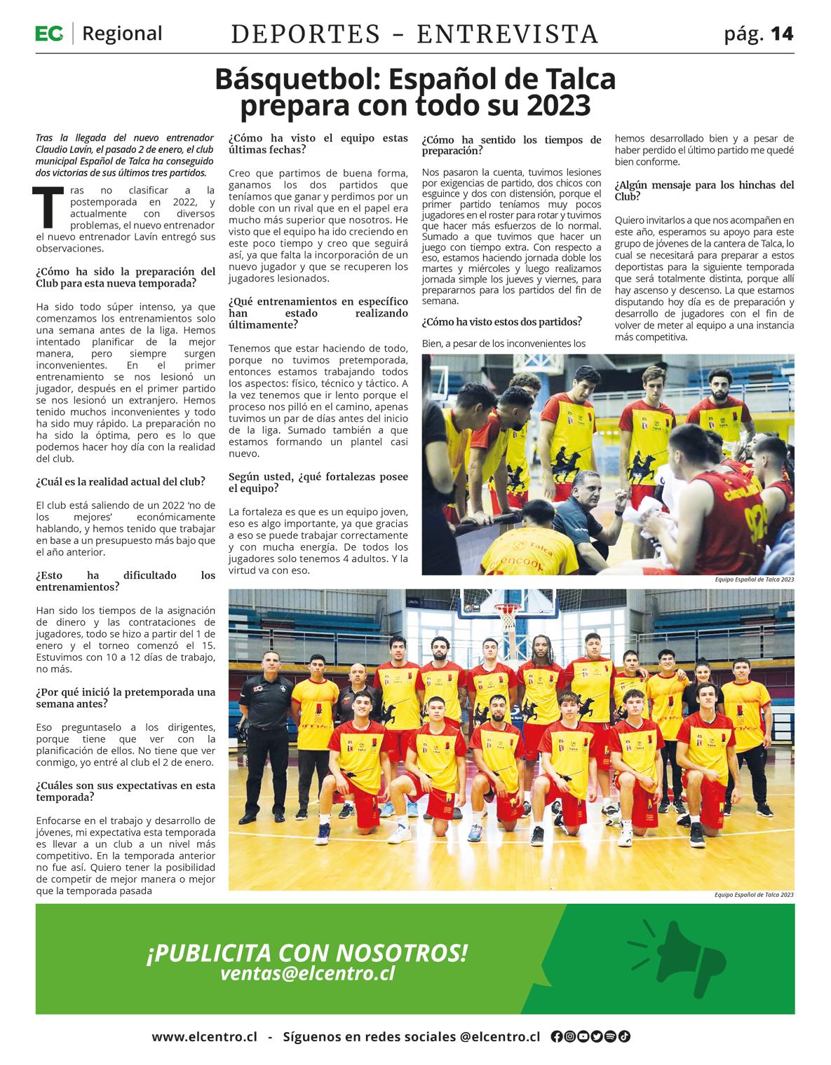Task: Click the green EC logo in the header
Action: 49,33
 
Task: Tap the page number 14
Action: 782,34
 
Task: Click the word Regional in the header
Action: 122,33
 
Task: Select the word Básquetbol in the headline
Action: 297,80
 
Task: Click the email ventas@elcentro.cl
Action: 307,973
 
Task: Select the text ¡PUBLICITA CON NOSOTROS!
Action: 306,952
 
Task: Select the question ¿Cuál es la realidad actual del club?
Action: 121,481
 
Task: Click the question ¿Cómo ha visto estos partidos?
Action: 501,322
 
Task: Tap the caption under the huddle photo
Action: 755,580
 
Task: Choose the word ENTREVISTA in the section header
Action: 508,34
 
